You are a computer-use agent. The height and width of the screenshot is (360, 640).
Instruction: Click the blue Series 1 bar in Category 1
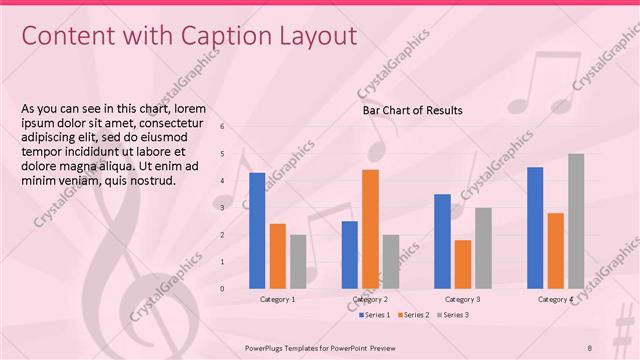coord(257,230)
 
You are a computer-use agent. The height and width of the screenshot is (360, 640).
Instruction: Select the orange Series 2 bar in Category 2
coord(370,229)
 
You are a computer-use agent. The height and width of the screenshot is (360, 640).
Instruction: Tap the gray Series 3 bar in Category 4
coord(576,221)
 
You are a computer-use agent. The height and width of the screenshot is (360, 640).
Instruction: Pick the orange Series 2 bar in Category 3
coord(462,264)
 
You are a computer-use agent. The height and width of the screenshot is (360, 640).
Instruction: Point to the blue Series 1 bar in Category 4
coord(535,227)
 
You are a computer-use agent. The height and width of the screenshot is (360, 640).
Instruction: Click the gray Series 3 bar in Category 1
coord(298,261)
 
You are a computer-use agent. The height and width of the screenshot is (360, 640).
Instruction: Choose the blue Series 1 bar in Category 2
coord(349,254)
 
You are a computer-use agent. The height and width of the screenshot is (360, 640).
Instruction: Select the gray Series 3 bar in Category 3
coord(483,248)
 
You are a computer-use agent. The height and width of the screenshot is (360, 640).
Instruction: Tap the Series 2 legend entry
coord(412,315)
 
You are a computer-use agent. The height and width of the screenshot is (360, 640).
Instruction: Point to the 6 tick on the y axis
coord(222,127)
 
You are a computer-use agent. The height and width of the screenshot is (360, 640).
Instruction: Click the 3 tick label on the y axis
coord(222,208)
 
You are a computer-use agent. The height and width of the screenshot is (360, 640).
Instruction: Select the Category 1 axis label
coord(277,299)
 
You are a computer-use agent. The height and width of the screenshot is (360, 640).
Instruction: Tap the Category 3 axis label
coord(462,299)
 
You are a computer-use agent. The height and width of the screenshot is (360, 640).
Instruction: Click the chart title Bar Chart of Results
coord(412,110)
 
